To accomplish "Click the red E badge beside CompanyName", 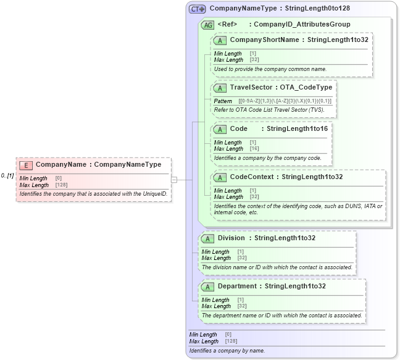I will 26,165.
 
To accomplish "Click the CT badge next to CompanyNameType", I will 198,9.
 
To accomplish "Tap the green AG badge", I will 209,24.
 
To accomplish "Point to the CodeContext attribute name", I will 253,177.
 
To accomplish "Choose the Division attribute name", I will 231,238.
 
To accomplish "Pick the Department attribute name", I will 237,286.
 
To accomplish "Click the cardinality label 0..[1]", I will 7,175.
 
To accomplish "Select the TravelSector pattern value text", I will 285,101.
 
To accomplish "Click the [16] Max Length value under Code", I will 254,149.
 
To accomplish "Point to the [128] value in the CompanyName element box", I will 61,185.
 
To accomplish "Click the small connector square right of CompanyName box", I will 174,180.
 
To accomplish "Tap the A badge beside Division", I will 208,238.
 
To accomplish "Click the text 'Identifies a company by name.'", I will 227,351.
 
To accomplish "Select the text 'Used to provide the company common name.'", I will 270,69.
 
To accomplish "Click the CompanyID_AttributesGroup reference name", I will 302,24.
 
